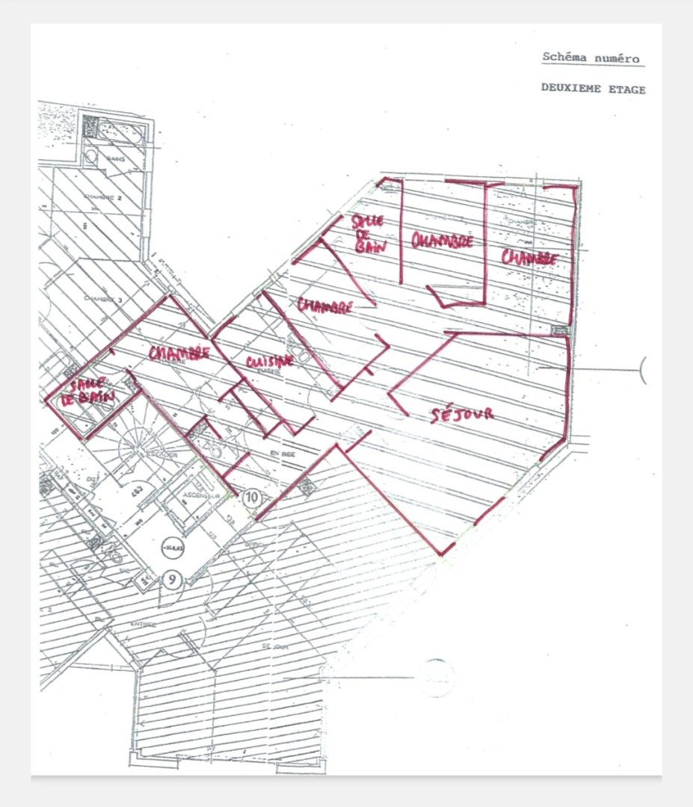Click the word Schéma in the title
pos(565,58)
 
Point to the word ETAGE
pos(628,89)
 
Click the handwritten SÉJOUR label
pos(462,414)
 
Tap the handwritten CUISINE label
pos(268,362)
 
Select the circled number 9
pos(173,578)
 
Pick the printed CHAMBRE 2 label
pos(102,197)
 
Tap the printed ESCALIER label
pos(161,454)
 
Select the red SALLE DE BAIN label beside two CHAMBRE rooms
pos(369,234)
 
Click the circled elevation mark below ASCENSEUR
pos(174,548)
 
